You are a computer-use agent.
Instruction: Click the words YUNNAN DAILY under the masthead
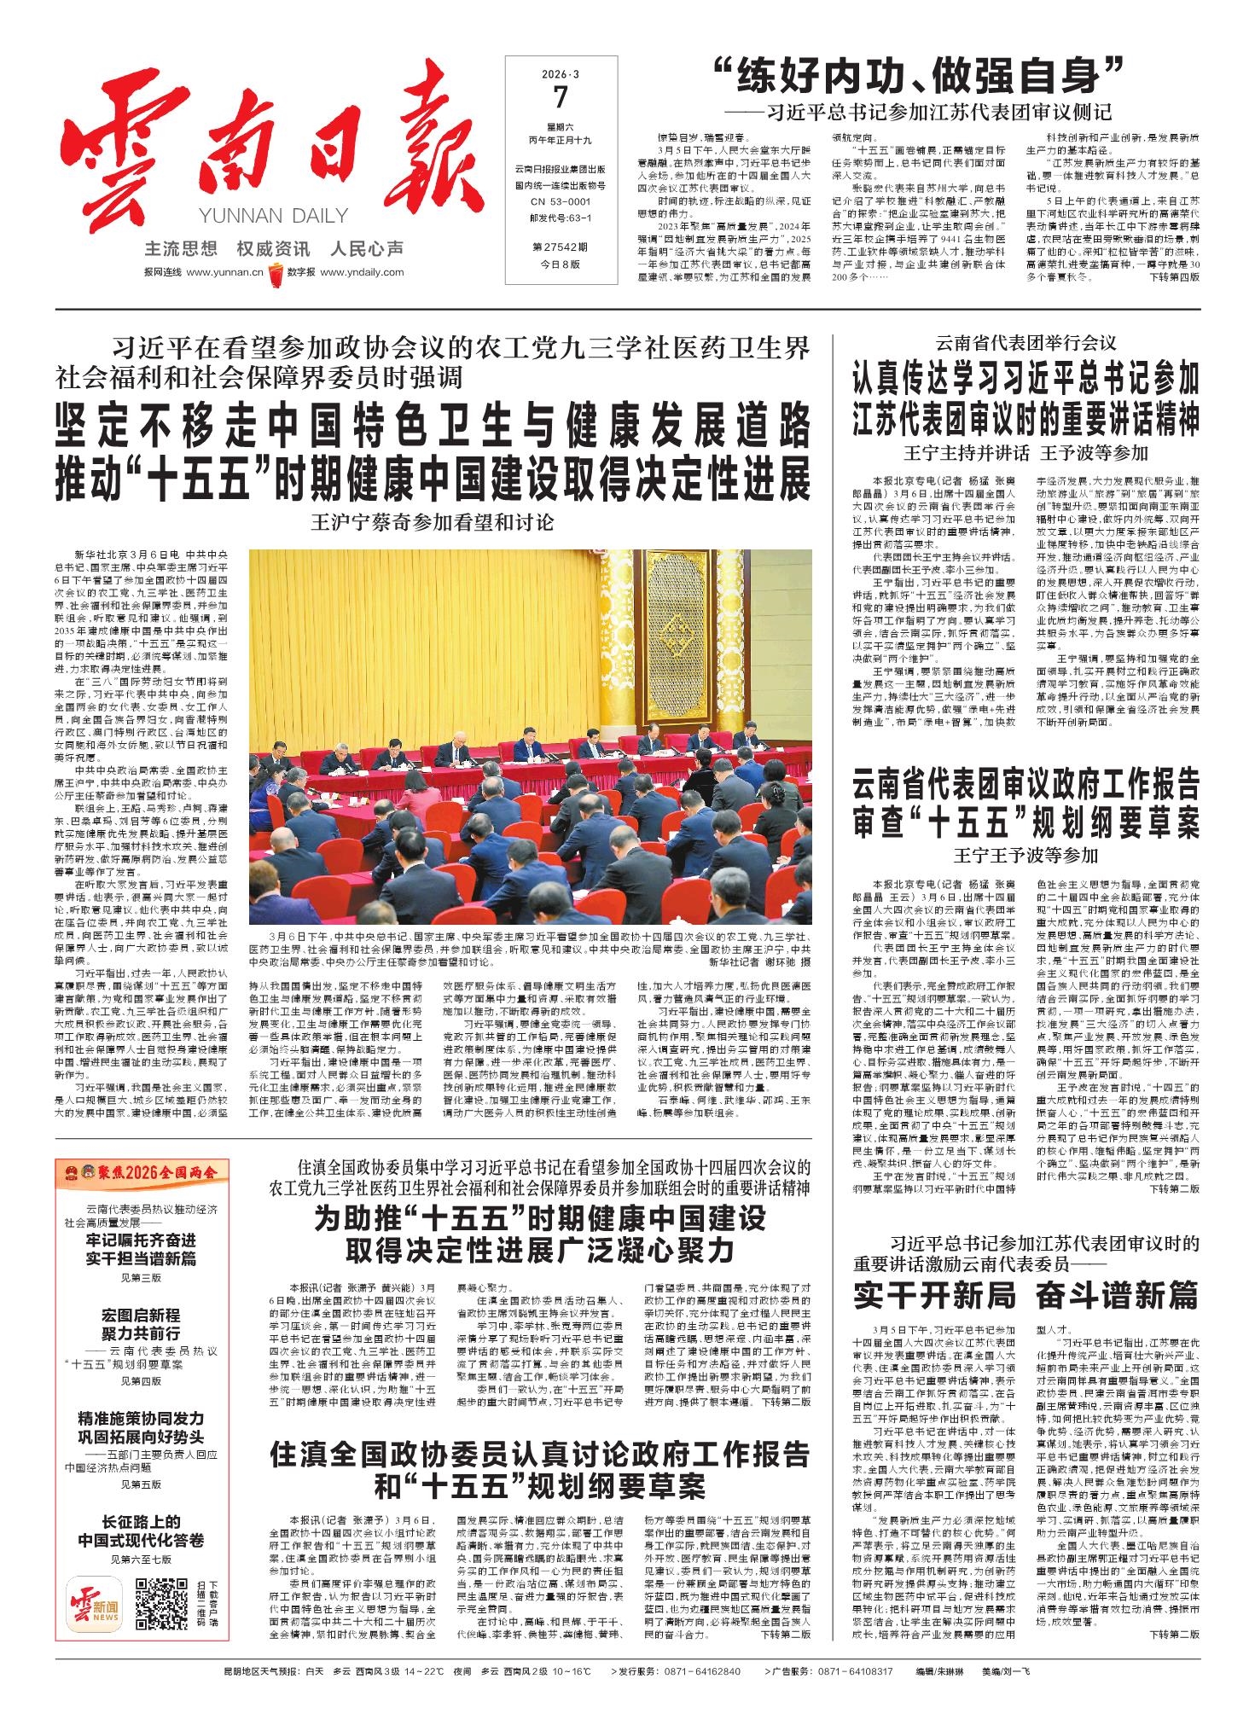[272, 216]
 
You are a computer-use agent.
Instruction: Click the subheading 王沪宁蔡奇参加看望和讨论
[433, 521]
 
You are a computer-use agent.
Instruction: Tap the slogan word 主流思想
[181, 249]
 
